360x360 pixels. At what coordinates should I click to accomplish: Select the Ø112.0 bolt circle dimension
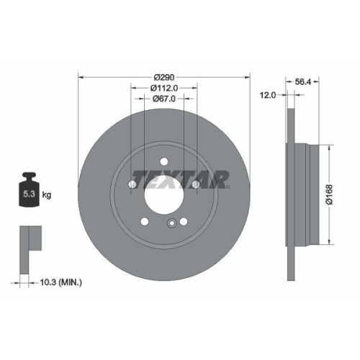pyautogui.click(x=164, y=89)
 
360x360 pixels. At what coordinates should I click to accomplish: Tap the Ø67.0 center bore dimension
pyautogui.click(x=164, y=102)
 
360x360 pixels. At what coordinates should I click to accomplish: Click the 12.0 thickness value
pyautogui.click(x=269, y=94)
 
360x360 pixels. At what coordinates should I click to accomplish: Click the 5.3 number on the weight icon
pyautogui.click(x=30, y=194)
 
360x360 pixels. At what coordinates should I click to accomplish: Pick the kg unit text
pyautogui.click(x=47, y=195)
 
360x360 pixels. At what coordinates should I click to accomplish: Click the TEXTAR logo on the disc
pyautogui.click(x=180, y=177)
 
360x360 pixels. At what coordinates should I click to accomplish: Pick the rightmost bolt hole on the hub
pyautogui.click(x=195, y=186)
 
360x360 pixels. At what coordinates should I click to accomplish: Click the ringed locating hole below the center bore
pyautogui.click(x=171, y=223)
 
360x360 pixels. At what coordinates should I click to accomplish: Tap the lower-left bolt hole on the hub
pyautogui.click(x=145, y=222)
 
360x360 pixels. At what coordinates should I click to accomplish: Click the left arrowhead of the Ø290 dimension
pyautogui.click(x=80, y=76)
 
